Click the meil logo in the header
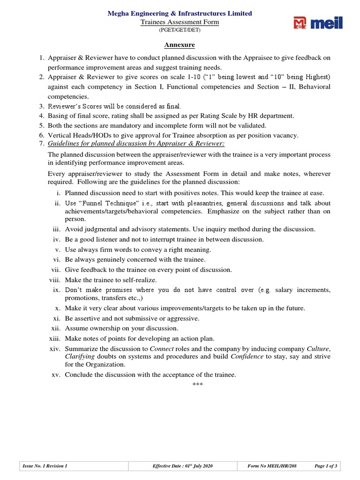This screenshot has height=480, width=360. click(x=317, y=23)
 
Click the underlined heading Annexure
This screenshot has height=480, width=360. click(x=179, y=45)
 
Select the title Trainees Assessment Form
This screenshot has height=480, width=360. click(x=180, y=22)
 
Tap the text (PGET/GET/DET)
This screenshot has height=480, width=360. click(x=180, y=30)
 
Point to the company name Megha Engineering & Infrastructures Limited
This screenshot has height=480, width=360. click(x=180, y=14)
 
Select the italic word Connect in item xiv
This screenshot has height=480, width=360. click(x=160, y=349)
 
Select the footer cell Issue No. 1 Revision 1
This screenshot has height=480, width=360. click(x=45, y=466)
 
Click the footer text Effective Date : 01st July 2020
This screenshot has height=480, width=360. click(x=183, y=466)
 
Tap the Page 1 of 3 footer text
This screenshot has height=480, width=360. click(x=326, y=466)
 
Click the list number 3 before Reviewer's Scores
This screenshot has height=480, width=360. click(x=41, y=106)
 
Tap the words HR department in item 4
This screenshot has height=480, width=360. click(x=268, y=116)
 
